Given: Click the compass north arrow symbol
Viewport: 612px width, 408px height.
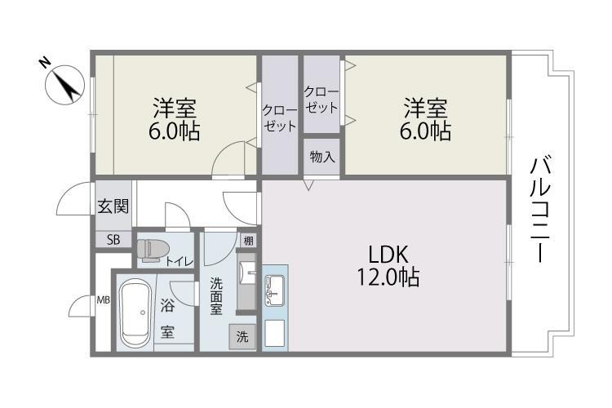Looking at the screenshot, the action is point(64,85).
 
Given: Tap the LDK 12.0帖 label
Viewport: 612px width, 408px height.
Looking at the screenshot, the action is point(388,266).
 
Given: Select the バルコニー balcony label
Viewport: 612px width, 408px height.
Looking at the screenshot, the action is point(541,209).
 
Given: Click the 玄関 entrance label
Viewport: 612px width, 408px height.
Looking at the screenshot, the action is point(113,206).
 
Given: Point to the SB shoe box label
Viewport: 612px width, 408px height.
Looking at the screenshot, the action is point(113,239).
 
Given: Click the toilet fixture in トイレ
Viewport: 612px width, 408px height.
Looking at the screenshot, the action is point(153,250).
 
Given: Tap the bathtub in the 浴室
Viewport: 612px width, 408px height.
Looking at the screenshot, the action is point(135,313).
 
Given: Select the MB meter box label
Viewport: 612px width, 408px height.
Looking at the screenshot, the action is point(104,300).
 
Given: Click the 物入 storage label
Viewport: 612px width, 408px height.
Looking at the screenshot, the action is point(322,157).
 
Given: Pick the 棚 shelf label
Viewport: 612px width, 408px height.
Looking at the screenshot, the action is point(248,241).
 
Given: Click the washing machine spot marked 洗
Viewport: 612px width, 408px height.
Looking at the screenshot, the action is point(242,336).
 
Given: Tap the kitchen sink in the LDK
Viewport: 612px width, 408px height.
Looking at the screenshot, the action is point(275,290).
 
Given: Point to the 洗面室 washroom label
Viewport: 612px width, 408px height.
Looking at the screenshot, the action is point(216,296).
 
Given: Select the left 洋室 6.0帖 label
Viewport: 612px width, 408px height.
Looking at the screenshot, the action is point(175,119).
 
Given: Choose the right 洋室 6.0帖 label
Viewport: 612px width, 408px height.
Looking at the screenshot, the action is point(425,119).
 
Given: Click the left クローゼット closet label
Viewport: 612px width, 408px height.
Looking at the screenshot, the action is point(279,118).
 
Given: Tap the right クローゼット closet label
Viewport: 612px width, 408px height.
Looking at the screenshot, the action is point(322,100).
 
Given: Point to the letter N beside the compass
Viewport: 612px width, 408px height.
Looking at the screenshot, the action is point(45,63).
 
